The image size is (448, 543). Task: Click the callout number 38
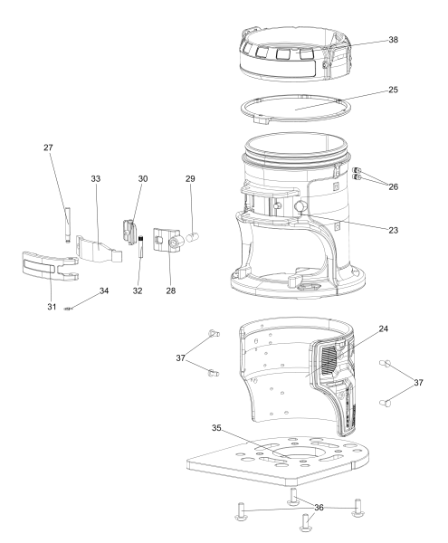tap(393, 40)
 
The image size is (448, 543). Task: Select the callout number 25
tap(393, 90)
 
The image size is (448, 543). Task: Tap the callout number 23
tap(393, 230)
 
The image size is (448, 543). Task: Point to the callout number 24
tap(383, 329)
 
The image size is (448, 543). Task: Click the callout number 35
tap(216, 428)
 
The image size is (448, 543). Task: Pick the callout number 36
tap(319, 508)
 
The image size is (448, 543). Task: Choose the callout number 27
tap(48, 148)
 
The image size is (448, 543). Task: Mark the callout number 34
tap(104, 291)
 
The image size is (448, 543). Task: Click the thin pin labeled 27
tap(67, 224)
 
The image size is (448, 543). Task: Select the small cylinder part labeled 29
tap(193, 237)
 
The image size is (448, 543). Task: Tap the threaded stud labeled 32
tap(140, 246)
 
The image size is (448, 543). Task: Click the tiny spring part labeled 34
tap(68, 309)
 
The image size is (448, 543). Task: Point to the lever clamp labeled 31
tap(50, 265)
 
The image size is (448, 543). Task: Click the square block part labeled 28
tap(167, 239)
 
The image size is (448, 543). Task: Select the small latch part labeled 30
tap(129, 232)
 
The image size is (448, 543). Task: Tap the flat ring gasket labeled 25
tap(294, 109)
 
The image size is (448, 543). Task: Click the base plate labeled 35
tap(277, 461)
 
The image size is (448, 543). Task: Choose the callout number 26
tap(393, 186)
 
